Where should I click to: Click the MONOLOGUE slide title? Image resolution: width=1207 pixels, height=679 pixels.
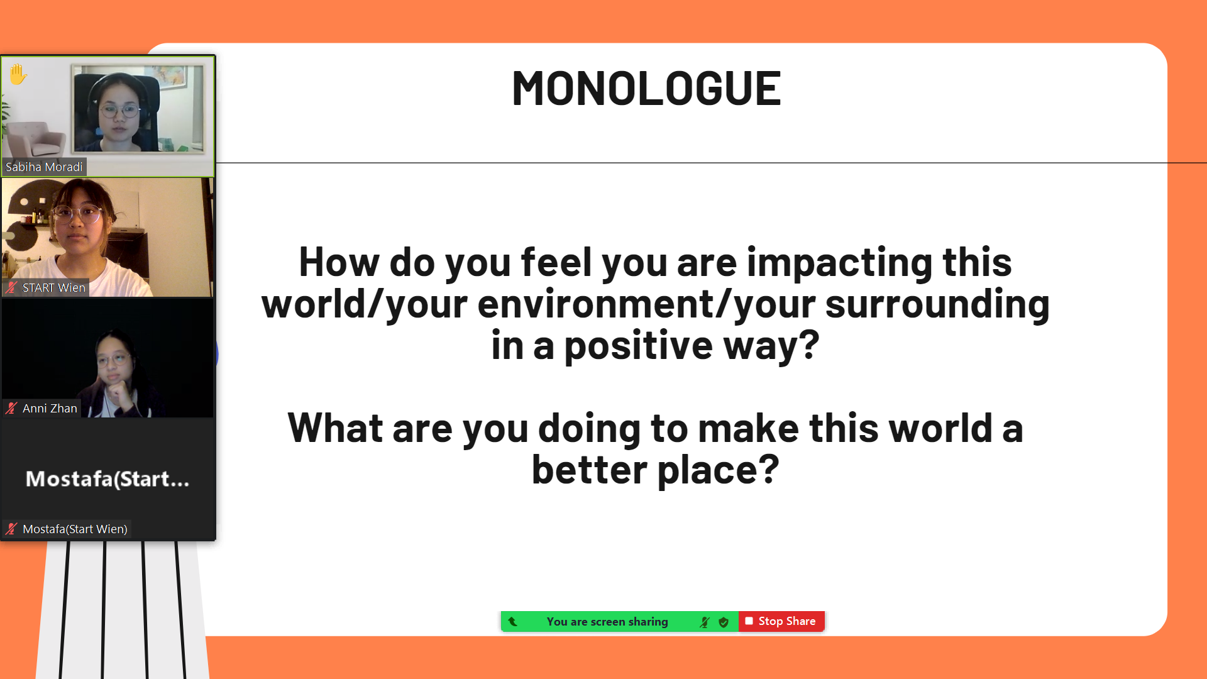(646, 88)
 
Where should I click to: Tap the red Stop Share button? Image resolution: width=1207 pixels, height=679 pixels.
(781, 621)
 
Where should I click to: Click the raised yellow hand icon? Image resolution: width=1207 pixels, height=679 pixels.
(18, 74)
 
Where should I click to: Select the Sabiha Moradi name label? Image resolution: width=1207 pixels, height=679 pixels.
(44, 167)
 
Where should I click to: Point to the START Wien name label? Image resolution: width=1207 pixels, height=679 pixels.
(53, 287)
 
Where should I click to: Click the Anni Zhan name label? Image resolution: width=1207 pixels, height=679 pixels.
(50, 408)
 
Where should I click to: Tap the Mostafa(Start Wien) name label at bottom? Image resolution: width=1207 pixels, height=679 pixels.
(75, 529)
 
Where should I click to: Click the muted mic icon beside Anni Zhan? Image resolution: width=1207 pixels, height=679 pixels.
(11, 408)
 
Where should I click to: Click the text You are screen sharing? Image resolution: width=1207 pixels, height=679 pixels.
(607, 621)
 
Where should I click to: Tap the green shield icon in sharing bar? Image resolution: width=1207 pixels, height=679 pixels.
(724, 622)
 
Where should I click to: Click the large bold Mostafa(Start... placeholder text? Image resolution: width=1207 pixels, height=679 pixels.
(107, 479)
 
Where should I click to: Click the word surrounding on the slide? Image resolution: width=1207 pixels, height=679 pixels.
(937, 304)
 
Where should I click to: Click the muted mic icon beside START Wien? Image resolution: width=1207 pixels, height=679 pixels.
(11, 287)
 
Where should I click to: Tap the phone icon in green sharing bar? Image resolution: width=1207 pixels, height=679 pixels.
(513, 621)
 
